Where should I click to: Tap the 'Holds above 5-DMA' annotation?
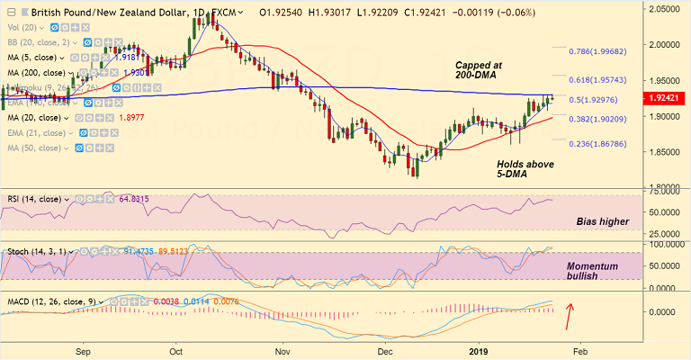pyautogui.click(x=525, y=170)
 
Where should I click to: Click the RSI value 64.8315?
pyautogui.click(x=137, y=199)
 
